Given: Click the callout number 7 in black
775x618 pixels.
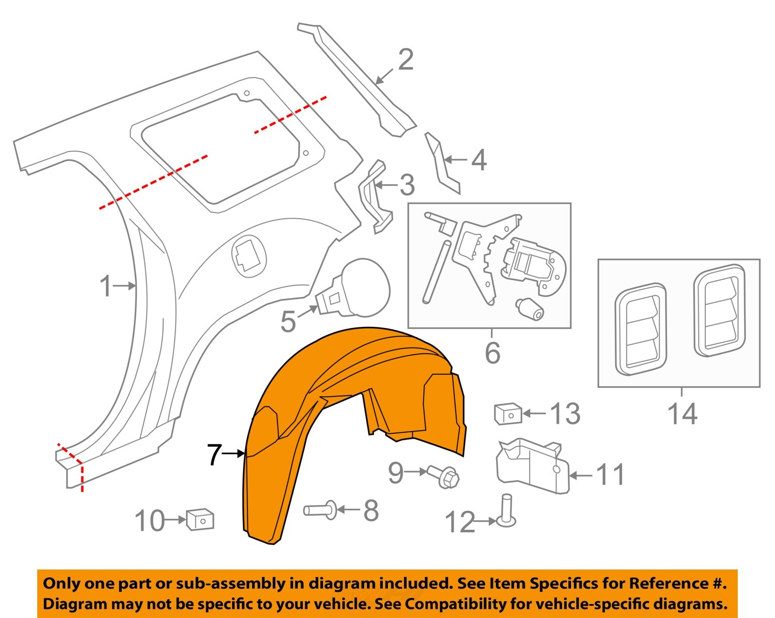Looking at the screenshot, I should click(x=214, y=454).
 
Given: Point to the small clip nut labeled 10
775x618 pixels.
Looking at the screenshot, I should click(x=200, y=519).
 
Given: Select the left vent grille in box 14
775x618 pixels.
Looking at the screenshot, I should click(x=641, y=328).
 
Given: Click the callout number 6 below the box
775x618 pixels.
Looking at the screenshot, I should click(x=492, y=353).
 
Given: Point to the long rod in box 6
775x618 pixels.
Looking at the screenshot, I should click(x=437, y=271).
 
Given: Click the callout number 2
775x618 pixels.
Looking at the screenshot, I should click(x=406, y=60).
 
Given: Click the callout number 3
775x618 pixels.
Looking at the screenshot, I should click(x=407, y=185).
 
